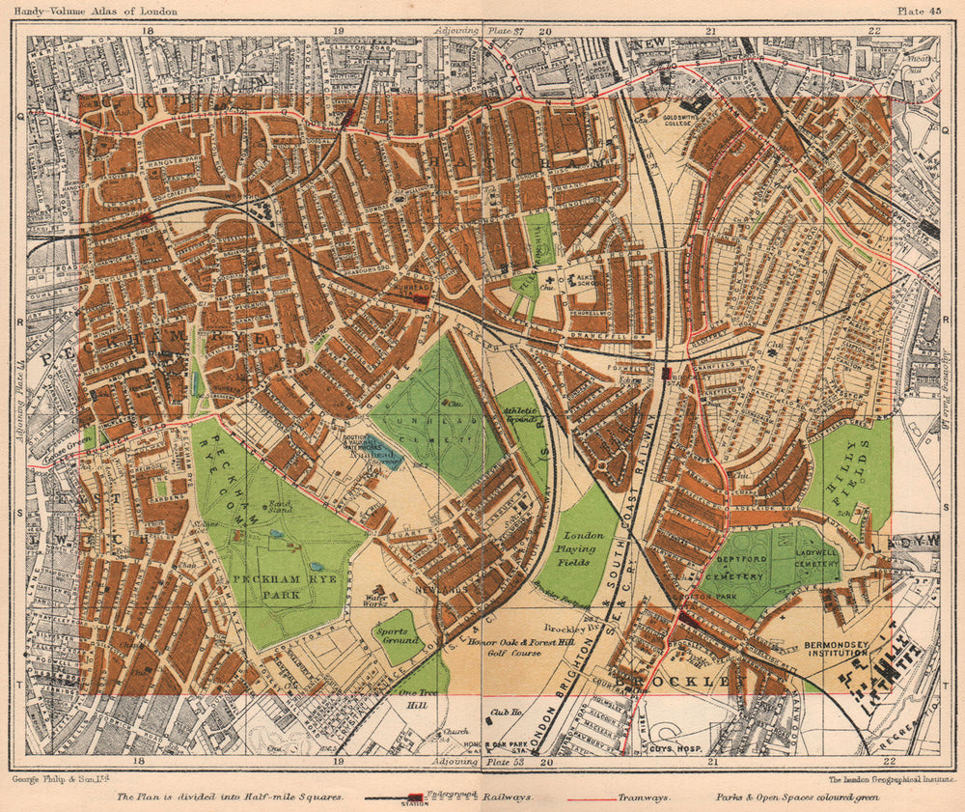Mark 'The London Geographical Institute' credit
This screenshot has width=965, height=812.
click(884, 778)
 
